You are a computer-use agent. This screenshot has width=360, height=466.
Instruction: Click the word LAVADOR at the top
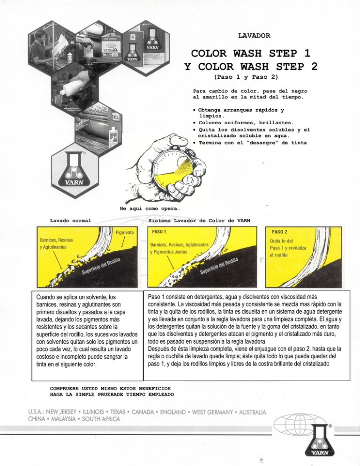coord(254,36)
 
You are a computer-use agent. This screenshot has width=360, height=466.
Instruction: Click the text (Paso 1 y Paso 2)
coord(246,76)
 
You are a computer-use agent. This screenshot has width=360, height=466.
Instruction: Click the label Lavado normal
coord(70,219)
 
